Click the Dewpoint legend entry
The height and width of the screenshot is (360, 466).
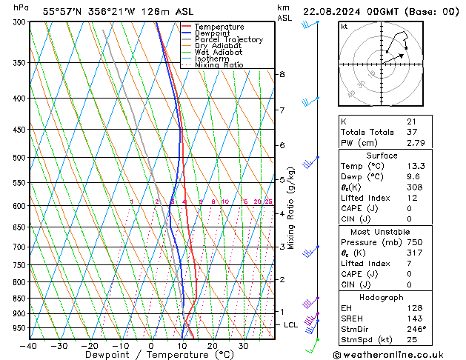click(x=219, y=33)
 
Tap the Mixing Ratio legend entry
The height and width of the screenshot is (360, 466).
click(x=219, y=65)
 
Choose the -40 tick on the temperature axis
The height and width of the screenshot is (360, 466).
click(x=29, y=346)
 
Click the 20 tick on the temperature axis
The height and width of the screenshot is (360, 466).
click(x=213, y=346)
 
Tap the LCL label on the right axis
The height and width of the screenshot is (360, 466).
click(x=291, y=324)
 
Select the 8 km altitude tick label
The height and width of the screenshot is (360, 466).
click(x=282, y=74)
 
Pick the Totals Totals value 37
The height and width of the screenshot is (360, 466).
click(x=411, y=132)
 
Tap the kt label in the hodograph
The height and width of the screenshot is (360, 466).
click(x=344, y=27)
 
